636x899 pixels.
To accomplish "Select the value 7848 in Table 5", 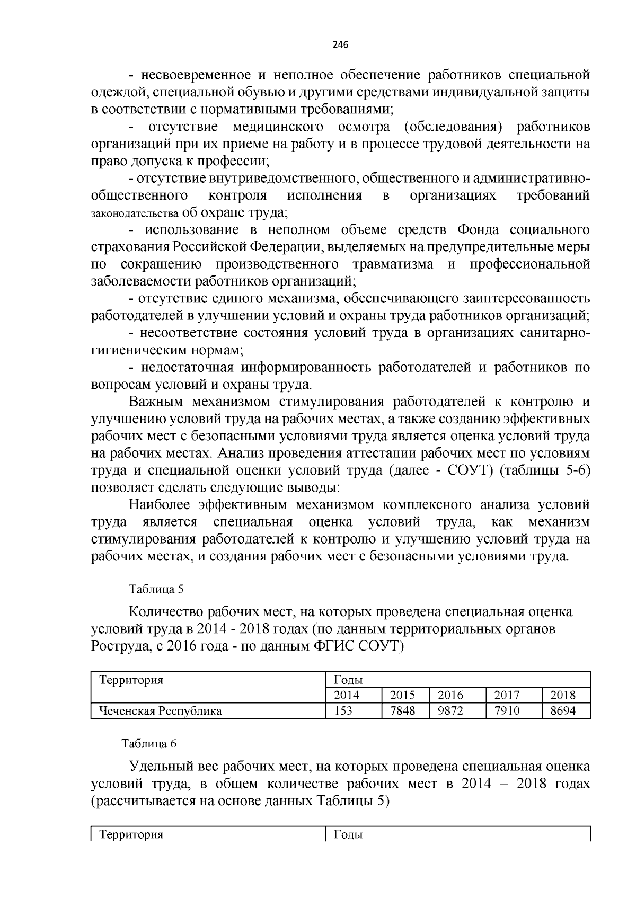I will (402, 710).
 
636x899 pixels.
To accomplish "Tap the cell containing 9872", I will (450, 710).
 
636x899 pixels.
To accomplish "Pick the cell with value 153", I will (343, 710).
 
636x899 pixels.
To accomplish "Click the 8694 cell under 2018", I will (563, 710).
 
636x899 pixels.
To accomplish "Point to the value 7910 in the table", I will (507, 710).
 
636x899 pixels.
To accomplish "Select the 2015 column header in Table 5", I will (402, 695).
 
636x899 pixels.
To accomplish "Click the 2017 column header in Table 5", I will (507, 695).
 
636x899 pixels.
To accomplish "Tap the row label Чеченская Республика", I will (157, 710).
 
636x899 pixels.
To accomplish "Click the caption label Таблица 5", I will (157, 589).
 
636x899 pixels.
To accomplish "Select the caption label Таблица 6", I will (149, 743).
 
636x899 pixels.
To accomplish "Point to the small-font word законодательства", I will (135, 214).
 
